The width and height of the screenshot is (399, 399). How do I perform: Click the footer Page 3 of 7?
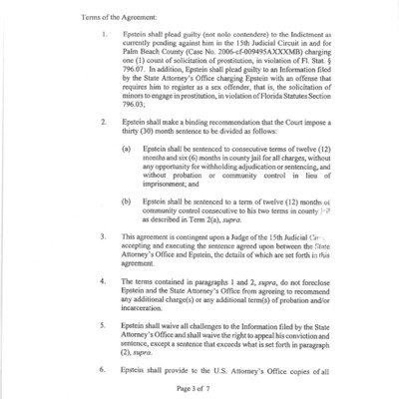tap(200, 388)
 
